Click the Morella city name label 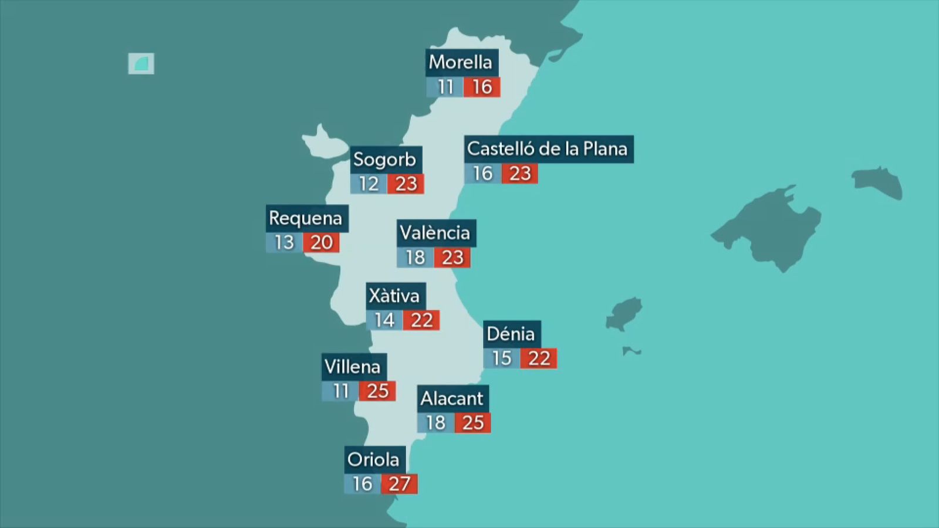tap(461, 62)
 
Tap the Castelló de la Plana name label tap(548, 149)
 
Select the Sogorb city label tap(386, 159)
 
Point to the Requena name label tap(306, 218)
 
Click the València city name tap(435, 233)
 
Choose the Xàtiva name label tap(395, 296)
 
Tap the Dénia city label tap(511, 334)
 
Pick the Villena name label tap(353, 367)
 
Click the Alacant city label tap(452, 398)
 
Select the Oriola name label tap(374, 459)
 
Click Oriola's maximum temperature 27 tap(400, 484)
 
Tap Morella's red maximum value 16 tap(482, 87)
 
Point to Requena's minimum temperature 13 tap(285, 242)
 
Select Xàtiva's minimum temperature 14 tap(384, 320)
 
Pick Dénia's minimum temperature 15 tap(502, 358)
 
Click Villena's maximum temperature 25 tap(377, 391)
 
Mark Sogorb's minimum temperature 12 tap(369, 184)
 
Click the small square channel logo tap(141, 63)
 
